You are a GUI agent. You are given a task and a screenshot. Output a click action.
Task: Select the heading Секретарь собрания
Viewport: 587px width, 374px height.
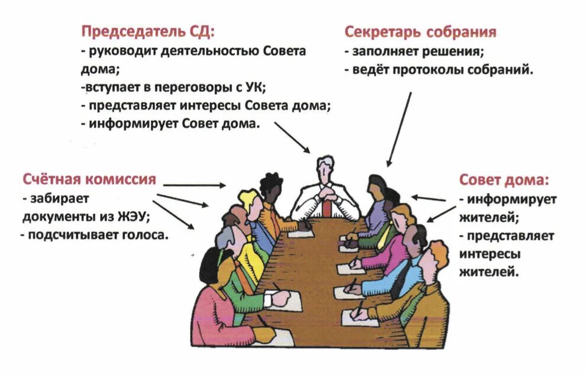420,31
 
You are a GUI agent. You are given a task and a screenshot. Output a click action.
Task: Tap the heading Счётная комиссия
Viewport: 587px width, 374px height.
89,179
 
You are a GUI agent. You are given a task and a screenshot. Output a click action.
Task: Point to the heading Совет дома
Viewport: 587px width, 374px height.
504,179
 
